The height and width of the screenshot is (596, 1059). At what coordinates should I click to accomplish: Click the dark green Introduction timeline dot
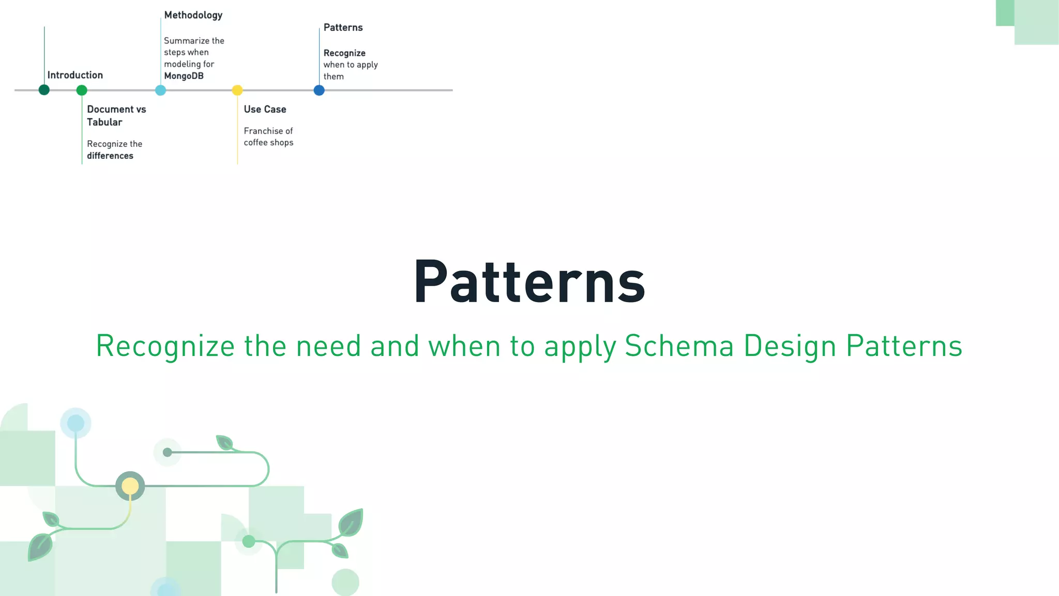coord(44,90)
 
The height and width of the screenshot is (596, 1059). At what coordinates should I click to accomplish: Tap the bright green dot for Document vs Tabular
coord(82,91)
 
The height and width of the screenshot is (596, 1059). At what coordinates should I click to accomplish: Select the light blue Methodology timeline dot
coord(161,91)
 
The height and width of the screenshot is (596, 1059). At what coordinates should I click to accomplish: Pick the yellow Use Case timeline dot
coord(237,91)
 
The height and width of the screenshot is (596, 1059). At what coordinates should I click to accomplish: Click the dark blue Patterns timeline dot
coord(319,91)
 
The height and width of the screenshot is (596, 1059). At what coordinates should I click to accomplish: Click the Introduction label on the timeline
coord(75,75)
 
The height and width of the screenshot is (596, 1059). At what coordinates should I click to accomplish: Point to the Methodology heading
coord(193,15)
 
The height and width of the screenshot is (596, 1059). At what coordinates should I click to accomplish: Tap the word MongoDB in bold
coord(184,76)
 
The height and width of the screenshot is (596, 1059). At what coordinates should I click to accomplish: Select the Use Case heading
coord(265,109)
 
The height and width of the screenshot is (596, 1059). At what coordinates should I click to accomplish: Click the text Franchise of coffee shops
coord(268,137)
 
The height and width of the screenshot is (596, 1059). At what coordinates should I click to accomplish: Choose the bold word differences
coord(110,156)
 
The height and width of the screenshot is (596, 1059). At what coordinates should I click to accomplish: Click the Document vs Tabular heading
coord(116,115)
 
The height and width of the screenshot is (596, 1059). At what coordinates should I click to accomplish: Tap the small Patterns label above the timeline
coord(343,27)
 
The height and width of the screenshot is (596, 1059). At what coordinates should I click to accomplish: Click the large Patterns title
coord(529,282)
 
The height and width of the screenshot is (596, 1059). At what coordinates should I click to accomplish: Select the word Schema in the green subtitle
coord(679,346)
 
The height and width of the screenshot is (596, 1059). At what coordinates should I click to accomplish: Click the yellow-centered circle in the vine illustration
coord(130,486)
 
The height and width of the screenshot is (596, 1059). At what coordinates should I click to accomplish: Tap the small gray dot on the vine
coord(167,452)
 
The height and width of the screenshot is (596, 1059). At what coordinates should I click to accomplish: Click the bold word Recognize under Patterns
coord(344,53)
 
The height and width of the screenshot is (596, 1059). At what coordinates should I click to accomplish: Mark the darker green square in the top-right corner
coord(1005,13)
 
